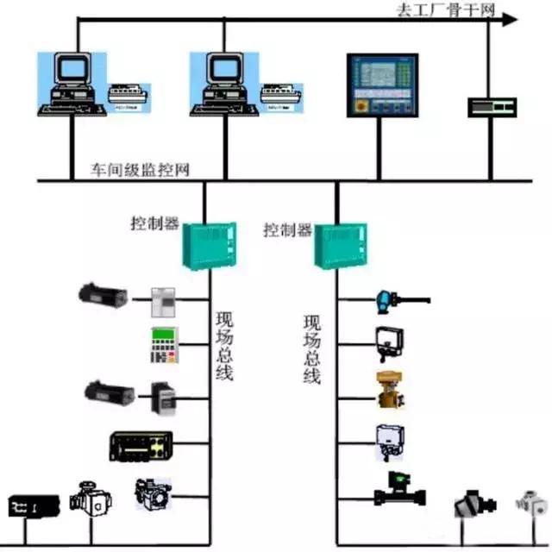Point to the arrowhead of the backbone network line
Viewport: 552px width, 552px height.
tap(510, 19)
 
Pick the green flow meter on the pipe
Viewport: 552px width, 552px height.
tap(398, 489)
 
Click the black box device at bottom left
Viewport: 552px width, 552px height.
tap(34, 505)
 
